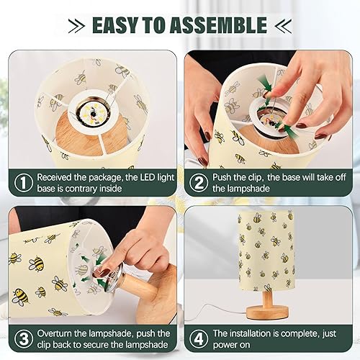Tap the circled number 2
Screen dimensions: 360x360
199,183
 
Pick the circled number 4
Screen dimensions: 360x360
199,339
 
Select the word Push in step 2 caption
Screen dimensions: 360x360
225,176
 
